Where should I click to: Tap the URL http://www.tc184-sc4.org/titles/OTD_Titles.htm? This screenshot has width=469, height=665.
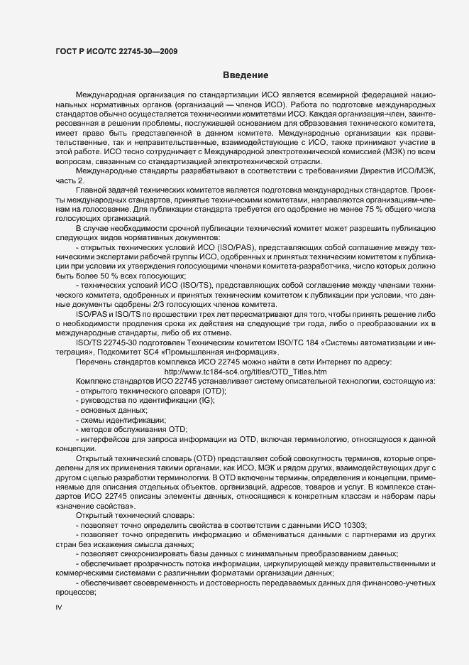coord(245,372)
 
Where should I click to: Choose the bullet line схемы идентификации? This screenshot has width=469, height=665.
coord(116,421)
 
